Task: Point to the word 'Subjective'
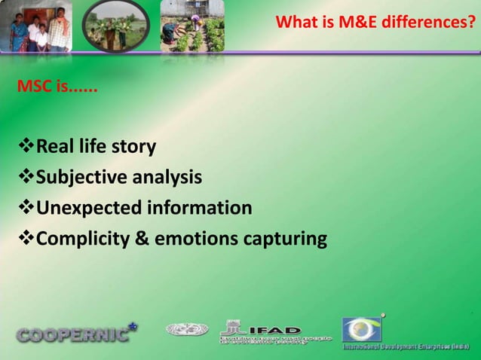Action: [83, 178]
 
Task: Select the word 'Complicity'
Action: [84, 239]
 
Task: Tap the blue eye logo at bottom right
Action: [363, 329]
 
